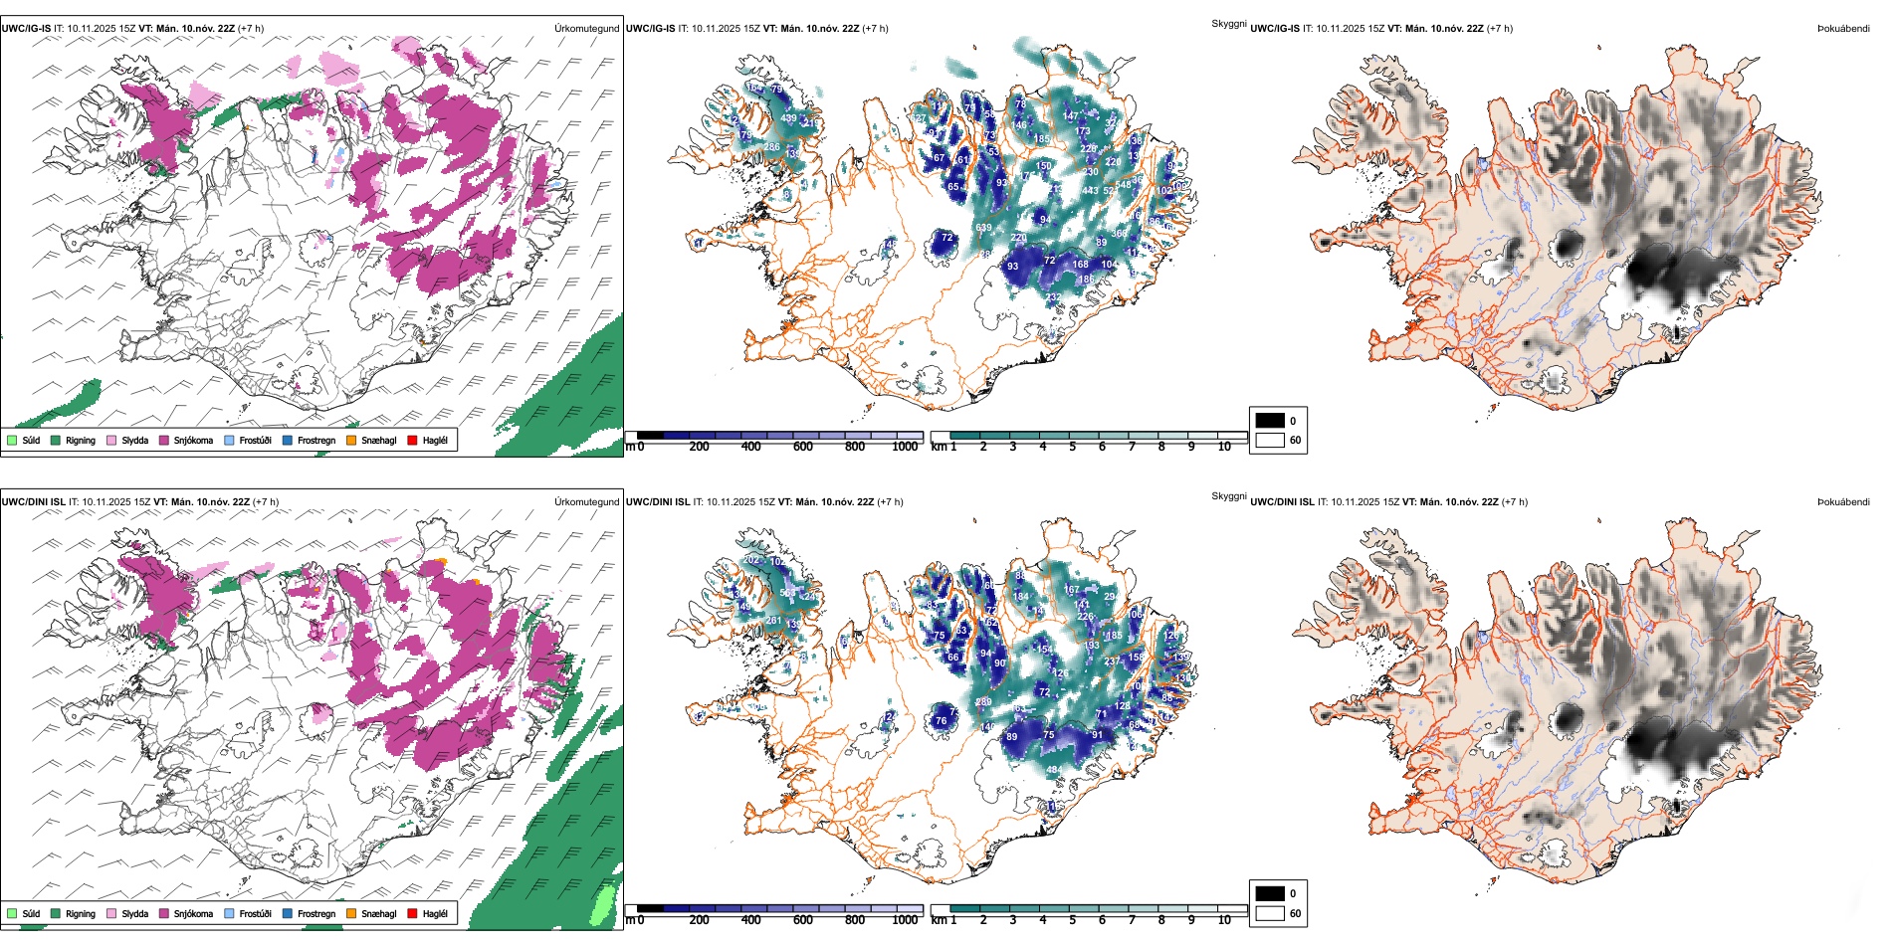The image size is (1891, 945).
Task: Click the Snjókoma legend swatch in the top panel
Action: (x=164, y=440)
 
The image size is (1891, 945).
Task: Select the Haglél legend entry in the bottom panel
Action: (x=413, y=913)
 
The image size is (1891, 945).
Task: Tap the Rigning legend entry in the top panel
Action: (x=57, y=440)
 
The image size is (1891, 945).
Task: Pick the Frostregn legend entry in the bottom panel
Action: (x=289, y=913)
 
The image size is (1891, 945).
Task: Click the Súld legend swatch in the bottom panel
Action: (x=12, y=913)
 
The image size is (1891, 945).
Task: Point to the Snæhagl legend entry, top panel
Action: (x=351, y=440)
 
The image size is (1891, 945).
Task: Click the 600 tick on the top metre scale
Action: (x=803, y=447)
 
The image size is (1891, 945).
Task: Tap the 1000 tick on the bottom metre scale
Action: (x=905, y=920)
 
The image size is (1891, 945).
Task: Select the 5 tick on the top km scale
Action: (x=1072, y=447)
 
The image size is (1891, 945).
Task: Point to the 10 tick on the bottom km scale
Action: (x=1224, y=920)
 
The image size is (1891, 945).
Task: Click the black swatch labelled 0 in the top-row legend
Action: (x=1270, y=421)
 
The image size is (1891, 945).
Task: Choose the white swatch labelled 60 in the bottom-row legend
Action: (x=1270, y=913)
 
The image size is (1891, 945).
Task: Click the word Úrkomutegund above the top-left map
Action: (x=586, y=29)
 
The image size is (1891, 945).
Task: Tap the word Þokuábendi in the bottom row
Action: (x=1843, y=502)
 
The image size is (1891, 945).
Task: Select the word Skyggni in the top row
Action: (x=1228, y=23)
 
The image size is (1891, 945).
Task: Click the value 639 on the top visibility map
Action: (x=983, y=228)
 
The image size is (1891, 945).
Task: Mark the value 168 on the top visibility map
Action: (x=1080, y=264)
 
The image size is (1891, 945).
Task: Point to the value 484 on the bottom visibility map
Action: (x=1053, y=770)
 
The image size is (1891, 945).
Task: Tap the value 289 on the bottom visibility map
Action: (x=983, y=701)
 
